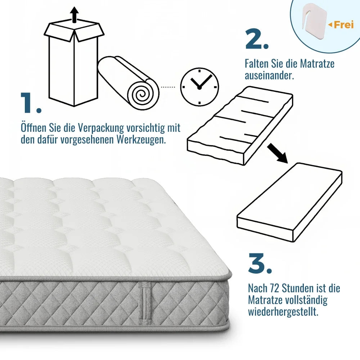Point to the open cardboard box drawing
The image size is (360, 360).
coord(74,65)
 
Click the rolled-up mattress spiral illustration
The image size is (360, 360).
coord(130,85)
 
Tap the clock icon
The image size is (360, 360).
coord(199,87)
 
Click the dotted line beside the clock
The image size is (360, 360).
coord(168,87)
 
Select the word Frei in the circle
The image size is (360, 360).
coord(343,25)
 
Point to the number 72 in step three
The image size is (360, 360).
coord(275,288)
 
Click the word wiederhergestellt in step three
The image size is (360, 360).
coord(283,312)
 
